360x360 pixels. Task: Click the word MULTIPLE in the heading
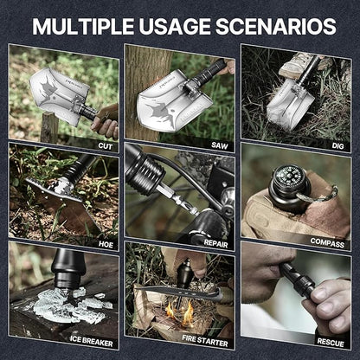[x=88, y=25]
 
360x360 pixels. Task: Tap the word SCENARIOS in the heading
[x=280, y=25]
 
